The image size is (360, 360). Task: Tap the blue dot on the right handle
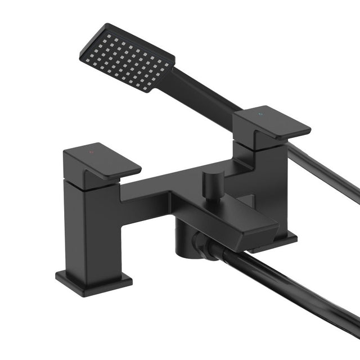click(x=260, y=114)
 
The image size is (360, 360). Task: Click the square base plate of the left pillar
click(x=93, y=279)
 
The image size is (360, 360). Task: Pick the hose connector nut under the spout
click(x=201, y=246)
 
